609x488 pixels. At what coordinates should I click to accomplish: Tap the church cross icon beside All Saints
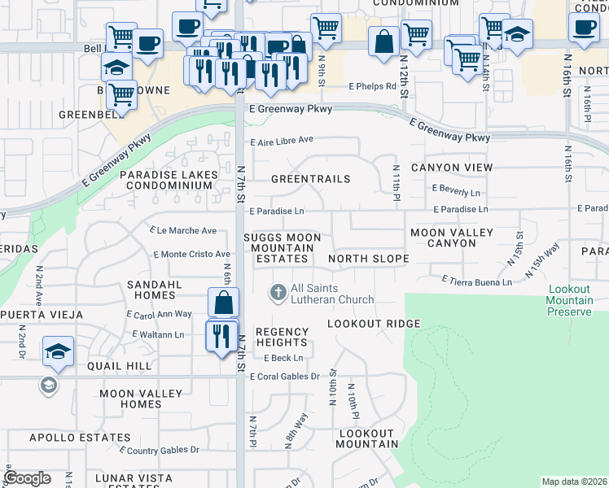tap(278, 291)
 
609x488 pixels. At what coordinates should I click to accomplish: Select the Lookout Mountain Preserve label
tap(570, 300)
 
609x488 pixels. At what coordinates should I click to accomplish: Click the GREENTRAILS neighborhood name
tap(310, 179)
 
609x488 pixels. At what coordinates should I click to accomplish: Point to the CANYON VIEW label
tap(452, 168)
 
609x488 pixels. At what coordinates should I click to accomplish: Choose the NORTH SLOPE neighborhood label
tap(368, 259)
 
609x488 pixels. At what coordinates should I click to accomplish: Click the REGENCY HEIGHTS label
tap(283, 338)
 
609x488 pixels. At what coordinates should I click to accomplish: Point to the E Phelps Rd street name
tap(372, 86)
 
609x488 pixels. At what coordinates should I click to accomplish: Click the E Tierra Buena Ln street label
tap(476, 281)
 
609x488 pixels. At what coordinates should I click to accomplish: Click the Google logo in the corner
tap(27, 478)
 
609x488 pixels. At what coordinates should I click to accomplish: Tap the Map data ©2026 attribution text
tap(574, 481)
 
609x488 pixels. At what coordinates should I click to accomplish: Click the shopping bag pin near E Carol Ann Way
tap(223, 303)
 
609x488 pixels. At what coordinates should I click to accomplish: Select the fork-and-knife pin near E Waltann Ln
tap(221, 336)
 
